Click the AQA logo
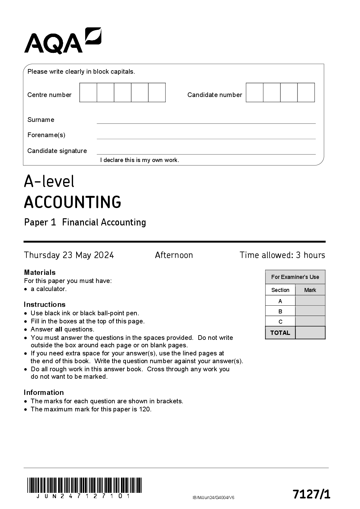[x=62, y=41]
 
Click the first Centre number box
[x=88, y=92]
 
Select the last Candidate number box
[x=306, y=92]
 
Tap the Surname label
[x=41, y=120]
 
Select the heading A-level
[x=49, y=181]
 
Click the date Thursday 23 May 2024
[x=69, y=255]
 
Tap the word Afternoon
[x=174, y=255]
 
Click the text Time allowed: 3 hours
[x=282, y=255]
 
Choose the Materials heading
[x=40, y=272]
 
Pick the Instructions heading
[x=44, y=304]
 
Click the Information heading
[x=44, y=392]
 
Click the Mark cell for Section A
[x=310, y=301]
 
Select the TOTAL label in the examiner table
[x=280, y=333]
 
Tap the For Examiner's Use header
[x=295, y=277]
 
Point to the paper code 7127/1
[x=311, y=494]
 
